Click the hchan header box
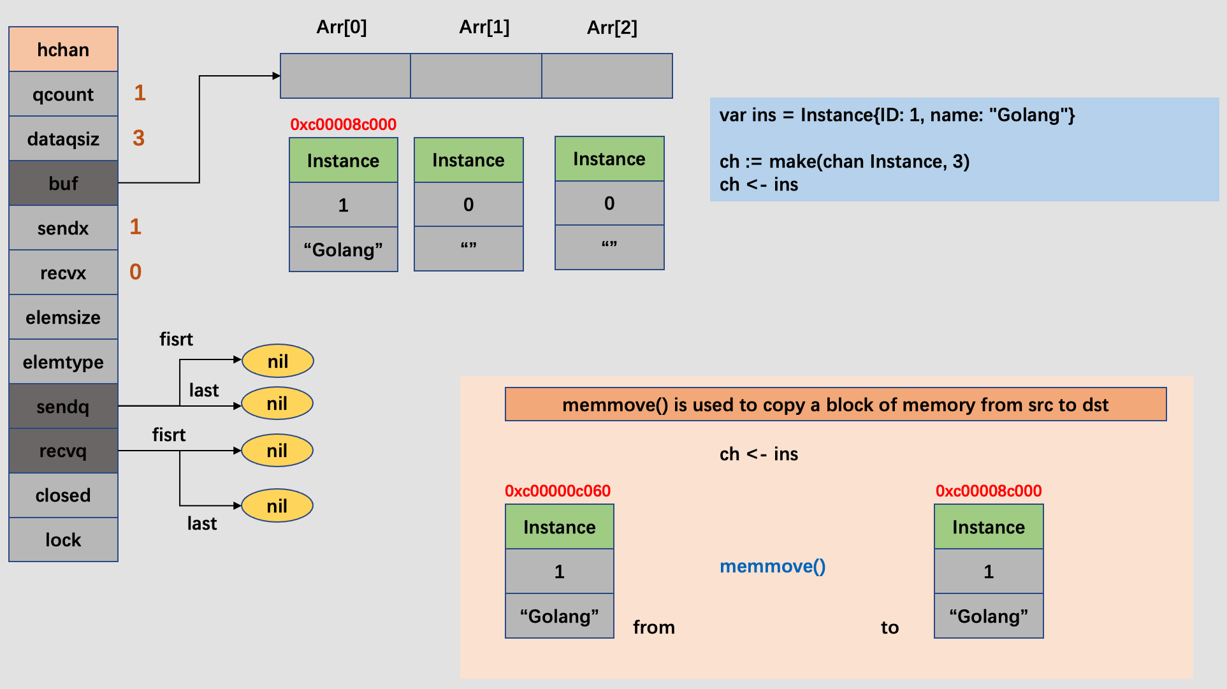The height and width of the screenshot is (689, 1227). click(x=63, y=49)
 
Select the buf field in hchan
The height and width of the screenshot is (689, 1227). click(x=63, y=183)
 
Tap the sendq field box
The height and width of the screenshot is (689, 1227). click(x=63, y=406)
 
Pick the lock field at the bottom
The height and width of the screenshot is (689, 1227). click(x=63, y=540)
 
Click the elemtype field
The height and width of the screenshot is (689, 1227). click(x=63, y=361)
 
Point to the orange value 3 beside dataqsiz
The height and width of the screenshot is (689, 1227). click(x=138, y=138)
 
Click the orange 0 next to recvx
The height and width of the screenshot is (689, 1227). click(x=135, y=272)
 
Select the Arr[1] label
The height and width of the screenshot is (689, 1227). click(x=484, y=27)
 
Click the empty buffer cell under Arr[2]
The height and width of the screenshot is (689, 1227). click(x=607, y=76)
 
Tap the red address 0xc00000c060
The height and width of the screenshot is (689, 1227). click(x=557, y=491)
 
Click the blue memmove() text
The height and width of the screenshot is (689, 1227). click(x=772, y=566)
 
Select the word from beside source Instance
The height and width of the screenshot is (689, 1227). click(x=653, y=627)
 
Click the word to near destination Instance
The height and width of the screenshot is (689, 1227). click(x=889, y=627)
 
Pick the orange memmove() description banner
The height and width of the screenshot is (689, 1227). click(x=835, y=404)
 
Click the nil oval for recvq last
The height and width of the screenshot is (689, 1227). click(x=277, y=506)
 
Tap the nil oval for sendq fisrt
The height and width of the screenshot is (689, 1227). click(x=277, y=361)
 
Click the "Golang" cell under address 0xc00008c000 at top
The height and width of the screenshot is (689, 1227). click(x=343, y=250)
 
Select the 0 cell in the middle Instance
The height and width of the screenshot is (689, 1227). click(x=468, y=205)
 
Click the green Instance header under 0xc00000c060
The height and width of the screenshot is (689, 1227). click(x=559, y=527)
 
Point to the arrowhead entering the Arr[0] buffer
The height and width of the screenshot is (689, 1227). click(x=277, y=76)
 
